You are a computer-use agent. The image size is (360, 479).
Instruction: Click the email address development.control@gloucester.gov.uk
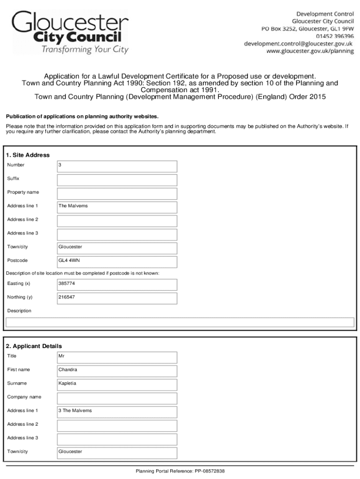tap(298, 44)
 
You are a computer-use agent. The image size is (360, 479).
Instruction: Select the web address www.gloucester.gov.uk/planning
tap(310, 51)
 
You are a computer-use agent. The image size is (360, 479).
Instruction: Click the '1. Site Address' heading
tap(28, 155)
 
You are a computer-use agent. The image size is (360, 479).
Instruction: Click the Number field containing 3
tap(117, 166)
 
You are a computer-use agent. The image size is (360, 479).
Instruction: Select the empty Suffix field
tap(117, 180)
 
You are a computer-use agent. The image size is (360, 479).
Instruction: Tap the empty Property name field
tap(117, 193)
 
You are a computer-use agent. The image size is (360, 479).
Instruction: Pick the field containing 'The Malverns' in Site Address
tap(117, 207)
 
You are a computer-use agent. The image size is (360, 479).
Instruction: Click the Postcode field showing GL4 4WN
tap(117, 261)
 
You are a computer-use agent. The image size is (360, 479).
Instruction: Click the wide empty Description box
tap(180, 322)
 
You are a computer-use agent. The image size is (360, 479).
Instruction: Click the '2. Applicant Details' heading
tap(34, 346)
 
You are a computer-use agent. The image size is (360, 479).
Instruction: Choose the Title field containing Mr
tap(117, 357)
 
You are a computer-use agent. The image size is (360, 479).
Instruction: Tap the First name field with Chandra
tap(117, 370)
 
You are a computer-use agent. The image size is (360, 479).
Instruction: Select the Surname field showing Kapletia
tap(117, 384)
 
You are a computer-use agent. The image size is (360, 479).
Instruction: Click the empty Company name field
tap(117, 398)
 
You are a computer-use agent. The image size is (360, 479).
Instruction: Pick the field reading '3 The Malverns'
tap(117, 412)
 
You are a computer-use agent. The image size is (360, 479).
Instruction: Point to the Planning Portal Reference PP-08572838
tap(180, 471)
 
